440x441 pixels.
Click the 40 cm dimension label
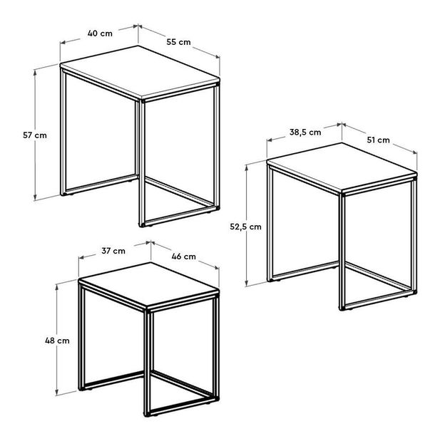tap(99, 32)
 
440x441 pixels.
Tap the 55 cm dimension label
tap(179, 42)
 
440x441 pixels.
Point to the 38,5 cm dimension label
tap(305, 133)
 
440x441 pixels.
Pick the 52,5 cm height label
tap(245, 227)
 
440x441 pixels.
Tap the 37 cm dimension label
tap(113, 251)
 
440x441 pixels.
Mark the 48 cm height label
tap(58, 341)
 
